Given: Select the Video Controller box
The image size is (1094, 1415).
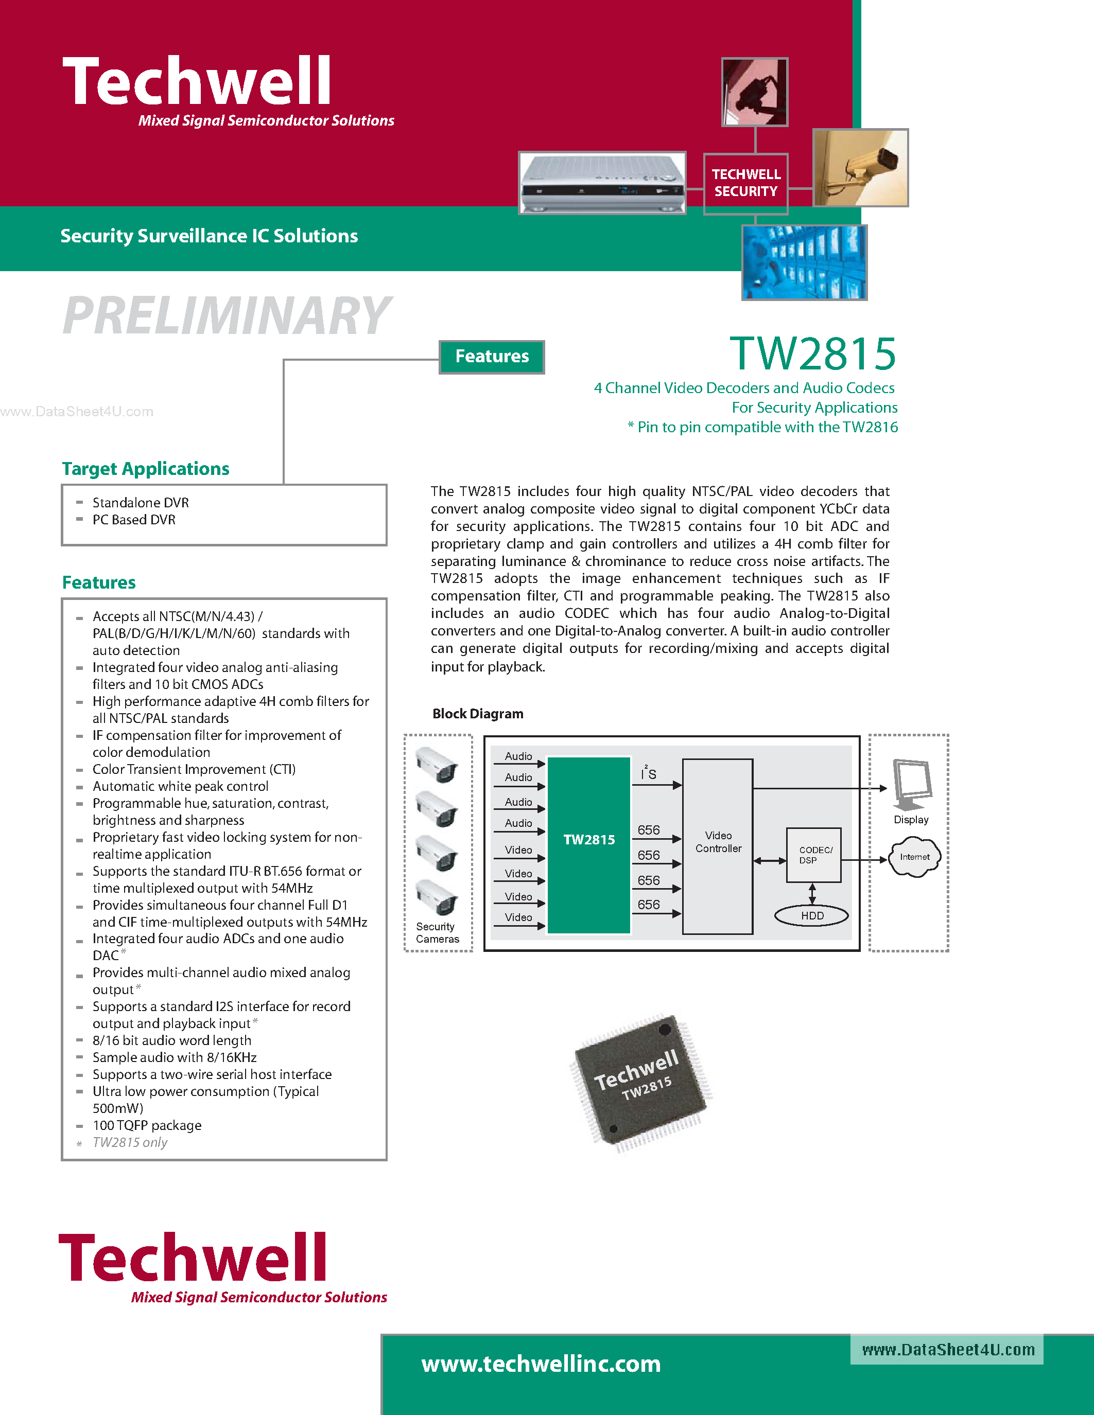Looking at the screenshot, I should point(718,845).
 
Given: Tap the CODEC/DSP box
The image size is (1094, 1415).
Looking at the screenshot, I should point(813,855).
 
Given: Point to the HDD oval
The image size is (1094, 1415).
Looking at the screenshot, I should point(811,915).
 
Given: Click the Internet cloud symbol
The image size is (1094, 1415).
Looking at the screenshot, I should point(914,857).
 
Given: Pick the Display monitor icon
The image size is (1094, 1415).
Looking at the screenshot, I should point(912,784).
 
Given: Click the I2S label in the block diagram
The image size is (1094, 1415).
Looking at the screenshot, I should point(648,773).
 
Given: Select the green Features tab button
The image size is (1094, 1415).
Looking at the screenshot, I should point(492,357).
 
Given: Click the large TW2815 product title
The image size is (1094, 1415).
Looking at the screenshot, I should point(813,354).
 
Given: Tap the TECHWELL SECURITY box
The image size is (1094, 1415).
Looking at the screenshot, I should point(745,183).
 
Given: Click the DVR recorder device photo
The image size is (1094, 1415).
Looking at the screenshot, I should point(602,183).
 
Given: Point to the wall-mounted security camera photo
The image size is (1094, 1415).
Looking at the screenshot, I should point(861,168).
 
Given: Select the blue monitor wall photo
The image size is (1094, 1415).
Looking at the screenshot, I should point(804,262).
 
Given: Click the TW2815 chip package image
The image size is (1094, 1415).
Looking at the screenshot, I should point(640,1083).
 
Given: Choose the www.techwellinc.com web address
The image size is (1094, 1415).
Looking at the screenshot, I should point(541,1364).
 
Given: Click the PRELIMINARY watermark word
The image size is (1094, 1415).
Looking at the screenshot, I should point(226,315).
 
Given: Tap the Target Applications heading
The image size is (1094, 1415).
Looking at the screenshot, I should point(146,468).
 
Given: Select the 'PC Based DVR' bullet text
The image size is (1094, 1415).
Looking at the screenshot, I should point(134,520).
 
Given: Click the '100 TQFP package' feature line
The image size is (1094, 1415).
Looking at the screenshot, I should point(147,1125).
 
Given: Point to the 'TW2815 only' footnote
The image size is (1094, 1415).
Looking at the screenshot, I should point(130,1142).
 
